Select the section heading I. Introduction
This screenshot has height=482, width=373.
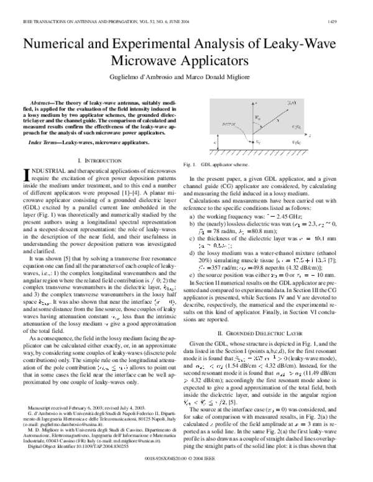point(103,161)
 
